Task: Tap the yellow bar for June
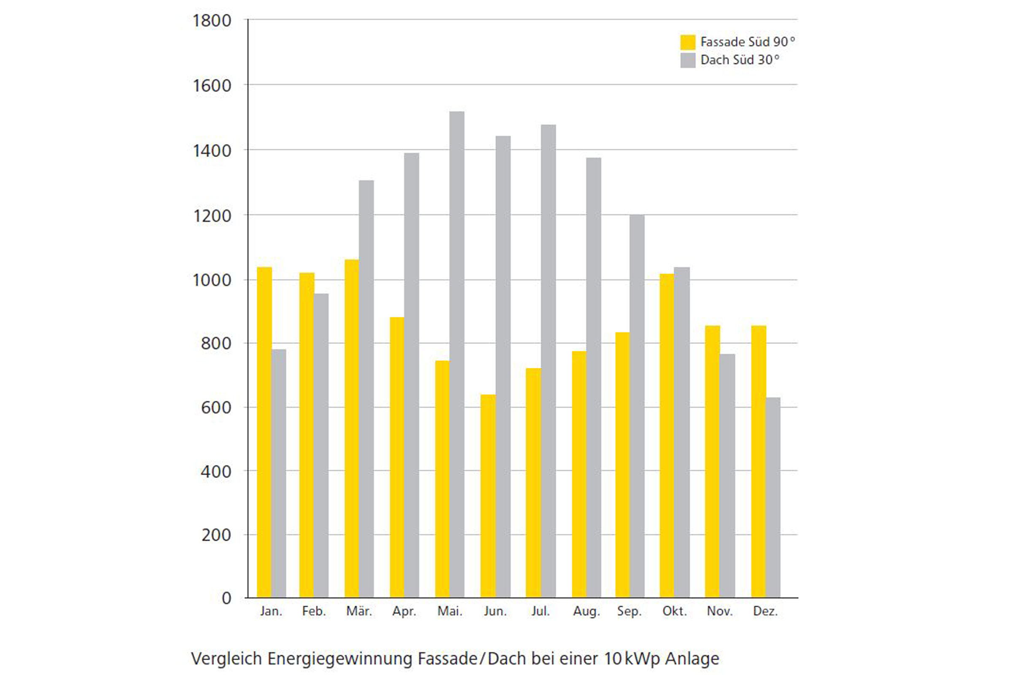click(488, 496)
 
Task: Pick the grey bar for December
click(773, 497)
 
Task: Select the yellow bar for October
click(667, 436)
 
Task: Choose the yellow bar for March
click(352, 428)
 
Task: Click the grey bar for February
click(321, 445)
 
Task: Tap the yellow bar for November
click(712, 462)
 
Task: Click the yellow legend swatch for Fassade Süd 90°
click(688, 42)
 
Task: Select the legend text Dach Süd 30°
click(740, 60)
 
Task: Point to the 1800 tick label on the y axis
click(212, 21)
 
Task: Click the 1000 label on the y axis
click(212, 280)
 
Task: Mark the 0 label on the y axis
click(226, 598)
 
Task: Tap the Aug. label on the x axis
click(587, 611)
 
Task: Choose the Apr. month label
click(404, 611)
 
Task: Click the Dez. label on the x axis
click(765, 611)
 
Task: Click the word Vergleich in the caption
click(226, 659)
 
